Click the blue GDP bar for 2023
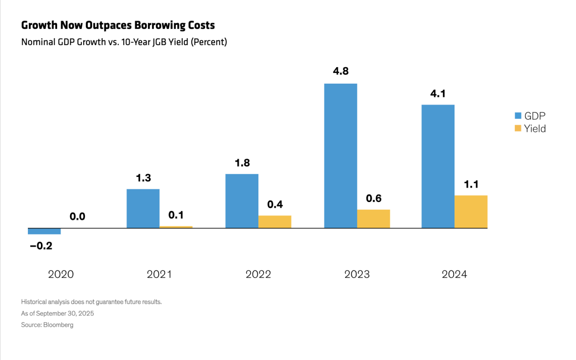pos(341,156)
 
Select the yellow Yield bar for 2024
pos(471,211)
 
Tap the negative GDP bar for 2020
pos(44,231)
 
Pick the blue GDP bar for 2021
pos(143,208)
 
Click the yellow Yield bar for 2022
pos(274,222)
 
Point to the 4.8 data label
pos(341,71)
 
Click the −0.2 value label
pos(41,246)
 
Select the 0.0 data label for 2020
pos(77,216)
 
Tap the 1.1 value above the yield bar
pos(471,184)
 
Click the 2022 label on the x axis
pos(258,274)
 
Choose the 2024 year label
pos(454,274)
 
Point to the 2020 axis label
pos(61,274)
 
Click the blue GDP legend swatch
pos(518,116)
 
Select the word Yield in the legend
pos(535,129)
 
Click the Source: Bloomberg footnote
pos(47,325)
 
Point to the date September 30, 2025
pos(65,314)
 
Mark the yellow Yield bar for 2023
pos(373,219)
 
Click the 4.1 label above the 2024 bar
pos(438,94)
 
